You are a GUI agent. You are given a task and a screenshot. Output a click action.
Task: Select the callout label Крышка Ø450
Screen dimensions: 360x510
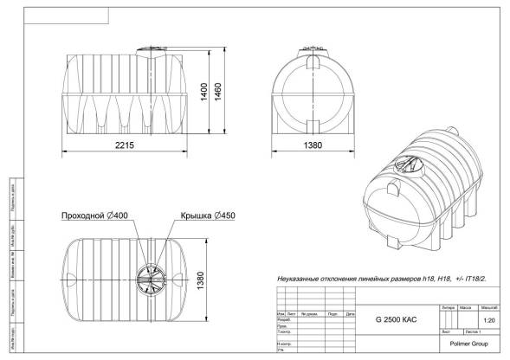pyautogui.click(x=206, y=215)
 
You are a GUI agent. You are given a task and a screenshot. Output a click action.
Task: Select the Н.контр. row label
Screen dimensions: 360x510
pyautogui.click(x=283, y=344)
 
